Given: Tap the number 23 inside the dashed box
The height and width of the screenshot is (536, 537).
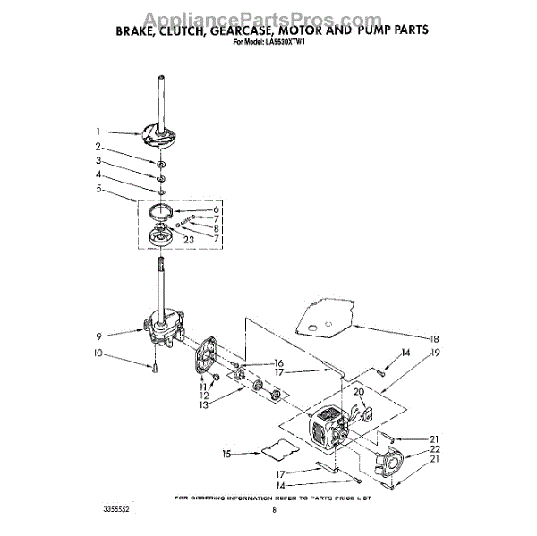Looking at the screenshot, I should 189,239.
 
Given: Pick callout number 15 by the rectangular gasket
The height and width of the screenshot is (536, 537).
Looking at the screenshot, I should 227,455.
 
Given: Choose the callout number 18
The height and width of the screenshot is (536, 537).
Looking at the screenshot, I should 434,339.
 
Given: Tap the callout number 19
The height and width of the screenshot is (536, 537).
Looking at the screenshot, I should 434,353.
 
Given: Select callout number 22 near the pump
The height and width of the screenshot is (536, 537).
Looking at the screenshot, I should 434,449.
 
